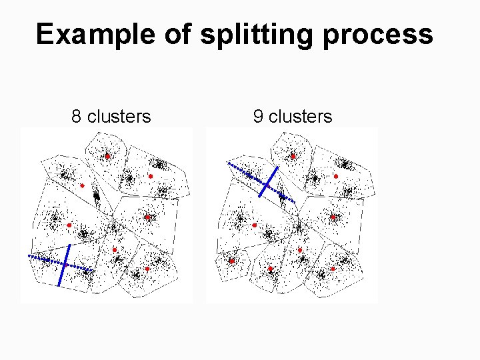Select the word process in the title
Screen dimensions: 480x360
[379, 35]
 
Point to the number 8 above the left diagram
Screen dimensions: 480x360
[77, 117]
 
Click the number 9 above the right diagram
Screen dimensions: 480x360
[258, 117]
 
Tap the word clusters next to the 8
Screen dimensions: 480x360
[119, 117]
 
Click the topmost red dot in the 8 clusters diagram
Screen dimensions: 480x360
[107, 156]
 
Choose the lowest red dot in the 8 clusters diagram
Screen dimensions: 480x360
[147, 269]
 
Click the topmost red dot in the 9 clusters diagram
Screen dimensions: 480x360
[292, 156]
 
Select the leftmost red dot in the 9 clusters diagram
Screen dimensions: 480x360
[232, 261]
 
